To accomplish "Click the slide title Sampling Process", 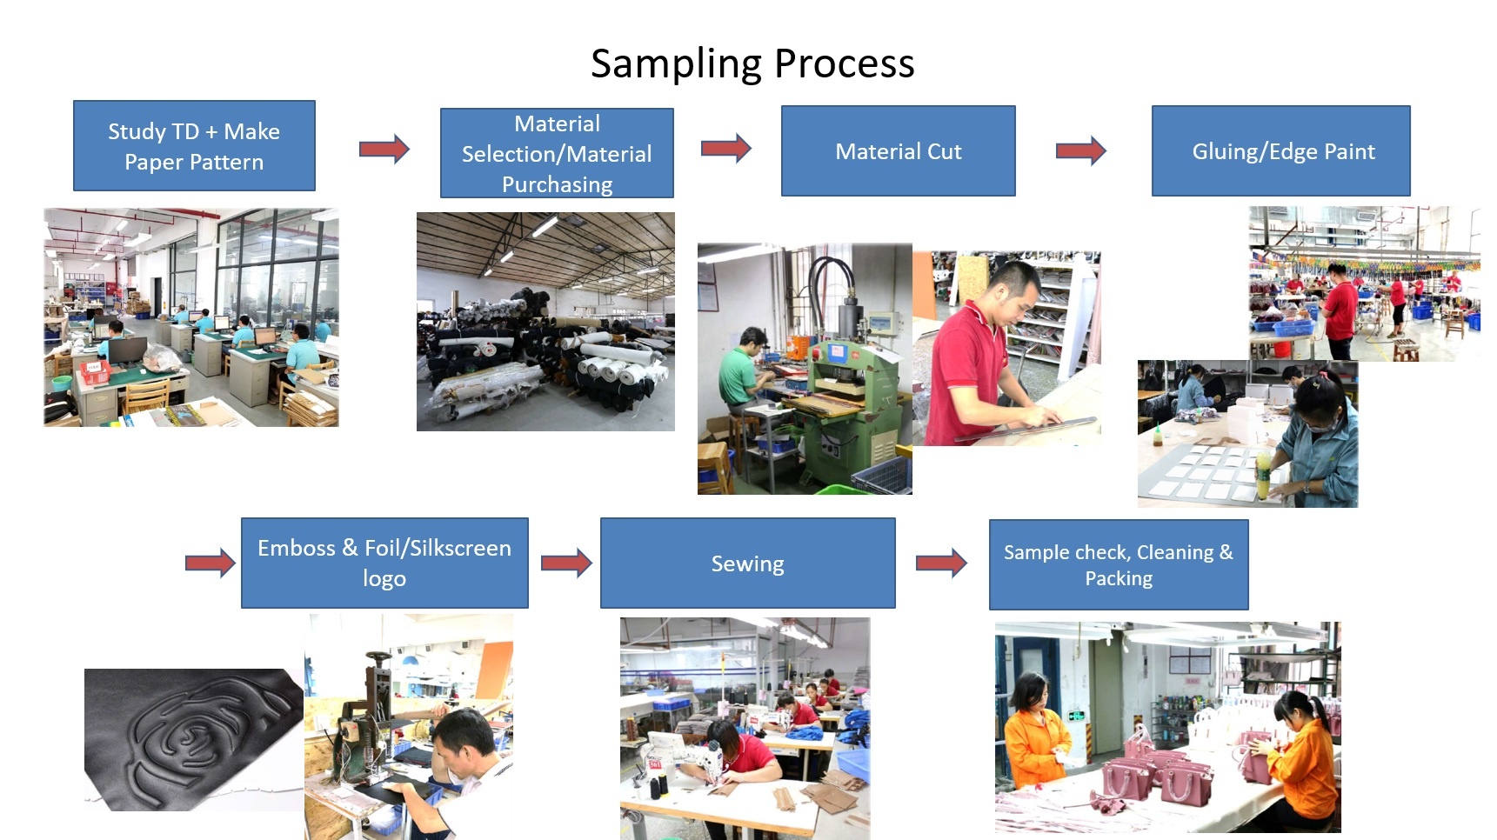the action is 752,63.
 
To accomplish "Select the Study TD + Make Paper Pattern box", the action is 194,146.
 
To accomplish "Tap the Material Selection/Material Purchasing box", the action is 557,153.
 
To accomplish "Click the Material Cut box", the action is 899,151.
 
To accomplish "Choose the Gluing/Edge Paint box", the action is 1281,151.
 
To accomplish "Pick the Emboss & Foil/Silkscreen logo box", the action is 384,563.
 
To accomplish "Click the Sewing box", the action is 748,563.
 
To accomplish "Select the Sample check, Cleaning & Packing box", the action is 1119,565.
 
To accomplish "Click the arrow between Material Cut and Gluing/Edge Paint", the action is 1081,151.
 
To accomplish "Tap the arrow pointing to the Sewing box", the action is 566,563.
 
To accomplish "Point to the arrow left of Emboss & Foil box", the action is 211,563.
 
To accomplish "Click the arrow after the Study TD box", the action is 384,150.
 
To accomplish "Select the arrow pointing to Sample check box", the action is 942,563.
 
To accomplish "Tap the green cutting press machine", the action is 848,391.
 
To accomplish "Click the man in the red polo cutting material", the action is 983,357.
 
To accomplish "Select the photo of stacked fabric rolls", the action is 545,322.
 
